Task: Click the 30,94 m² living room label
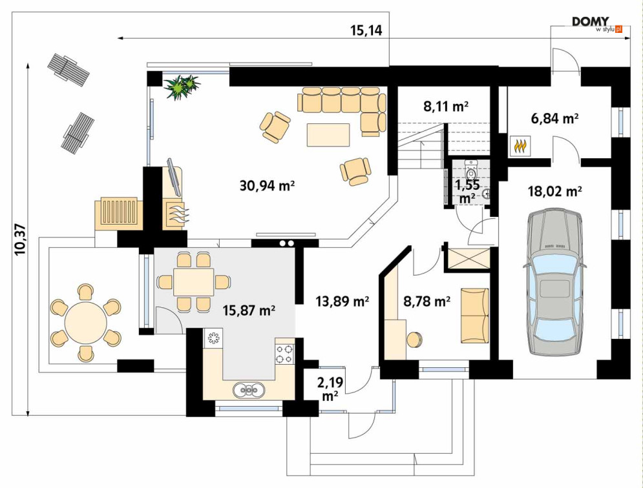point(267,186)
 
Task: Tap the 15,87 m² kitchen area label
point(249,310)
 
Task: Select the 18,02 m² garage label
point(555,191)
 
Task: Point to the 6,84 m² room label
point(554,118)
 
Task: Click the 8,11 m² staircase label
point(446,107)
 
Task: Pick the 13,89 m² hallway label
point(343,301)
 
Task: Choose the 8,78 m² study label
point(427,301)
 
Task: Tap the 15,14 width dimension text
point(366,30)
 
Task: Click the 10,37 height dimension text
point(20,239)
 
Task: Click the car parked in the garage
point(555,283)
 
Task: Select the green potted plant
point(182,86)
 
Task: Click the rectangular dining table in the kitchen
point(194,282)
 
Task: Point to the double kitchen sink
point(248,390)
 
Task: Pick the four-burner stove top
point(284,354)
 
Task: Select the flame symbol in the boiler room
point(520,147)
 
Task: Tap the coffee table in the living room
point(328,135)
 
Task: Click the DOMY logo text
point(591,22)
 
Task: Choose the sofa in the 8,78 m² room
point(475,316)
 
